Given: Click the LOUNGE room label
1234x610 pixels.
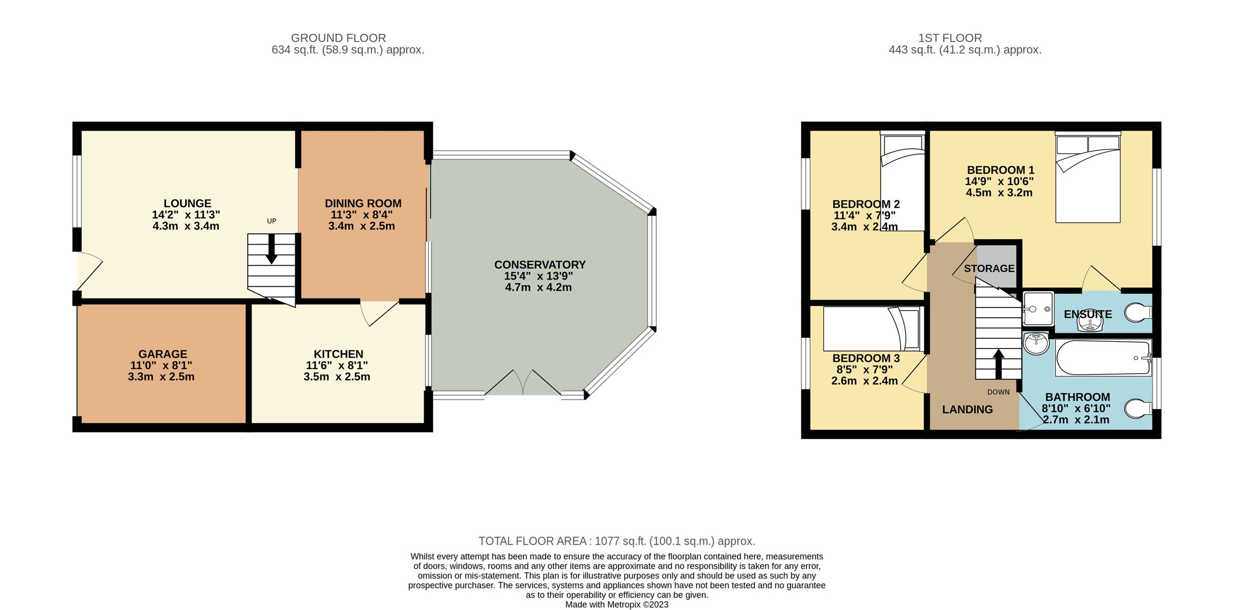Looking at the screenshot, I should tap(187, 204).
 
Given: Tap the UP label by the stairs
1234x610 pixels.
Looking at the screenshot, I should tap(271, 221).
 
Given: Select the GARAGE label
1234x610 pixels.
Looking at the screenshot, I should tap(162, 354).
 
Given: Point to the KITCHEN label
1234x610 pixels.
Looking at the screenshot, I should tap(338, 354).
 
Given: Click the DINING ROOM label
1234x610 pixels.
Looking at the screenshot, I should tap(363, 204).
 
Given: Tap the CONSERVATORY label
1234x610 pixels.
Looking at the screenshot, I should tap(540, 265).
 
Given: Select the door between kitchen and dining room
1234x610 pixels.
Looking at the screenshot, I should tap(379, 311).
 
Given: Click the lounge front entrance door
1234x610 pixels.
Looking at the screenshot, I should tap(88, 271).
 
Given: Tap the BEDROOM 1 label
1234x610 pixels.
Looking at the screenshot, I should tap(1000, 170).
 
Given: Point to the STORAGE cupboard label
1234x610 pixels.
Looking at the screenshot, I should tap(989, 268).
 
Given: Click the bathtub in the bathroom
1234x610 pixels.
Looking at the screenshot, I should tap(1103, 358).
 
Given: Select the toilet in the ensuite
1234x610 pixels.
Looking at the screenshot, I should tap(1137, 312).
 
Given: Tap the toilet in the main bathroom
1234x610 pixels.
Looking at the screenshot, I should tap(1137, 409).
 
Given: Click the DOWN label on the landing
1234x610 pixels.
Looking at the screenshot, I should tap(998, 392).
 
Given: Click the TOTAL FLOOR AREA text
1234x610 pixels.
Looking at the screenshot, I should tap(616, 541).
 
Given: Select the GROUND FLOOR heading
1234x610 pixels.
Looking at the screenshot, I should tap(338, 38).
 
